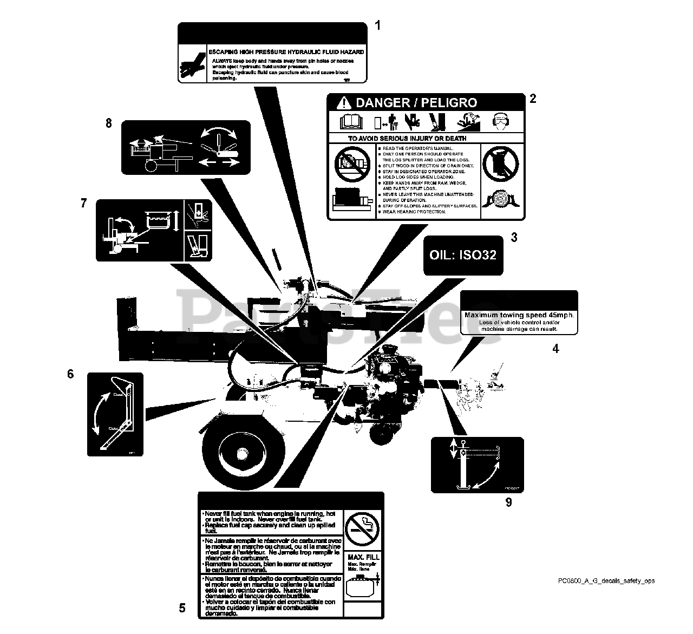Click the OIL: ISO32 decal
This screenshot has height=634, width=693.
[x=463, y=254]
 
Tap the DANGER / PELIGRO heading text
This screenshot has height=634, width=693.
[x=416, y=102]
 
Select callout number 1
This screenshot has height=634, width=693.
[x=377, y=25]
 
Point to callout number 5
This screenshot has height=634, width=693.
[x=182, y=608]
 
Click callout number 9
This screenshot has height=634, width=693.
[x=508, y=502]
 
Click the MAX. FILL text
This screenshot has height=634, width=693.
[x=363, y=557]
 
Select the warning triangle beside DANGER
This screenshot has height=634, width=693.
[x=343, y=102]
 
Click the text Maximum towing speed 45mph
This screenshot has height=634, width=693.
[x=519, y=315]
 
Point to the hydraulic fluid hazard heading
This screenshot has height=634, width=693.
[x=286, y=52]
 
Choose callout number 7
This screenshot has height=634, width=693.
[x=83, y=203]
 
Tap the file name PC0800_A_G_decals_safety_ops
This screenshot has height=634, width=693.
[x=606, y=581]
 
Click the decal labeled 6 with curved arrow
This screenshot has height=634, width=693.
[x=115, y=414]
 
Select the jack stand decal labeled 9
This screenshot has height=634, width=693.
[x=477, y=465]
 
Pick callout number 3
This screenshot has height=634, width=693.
[x=514, y=237]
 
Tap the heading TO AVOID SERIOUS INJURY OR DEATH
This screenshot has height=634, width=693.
[x=407, y=139]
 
